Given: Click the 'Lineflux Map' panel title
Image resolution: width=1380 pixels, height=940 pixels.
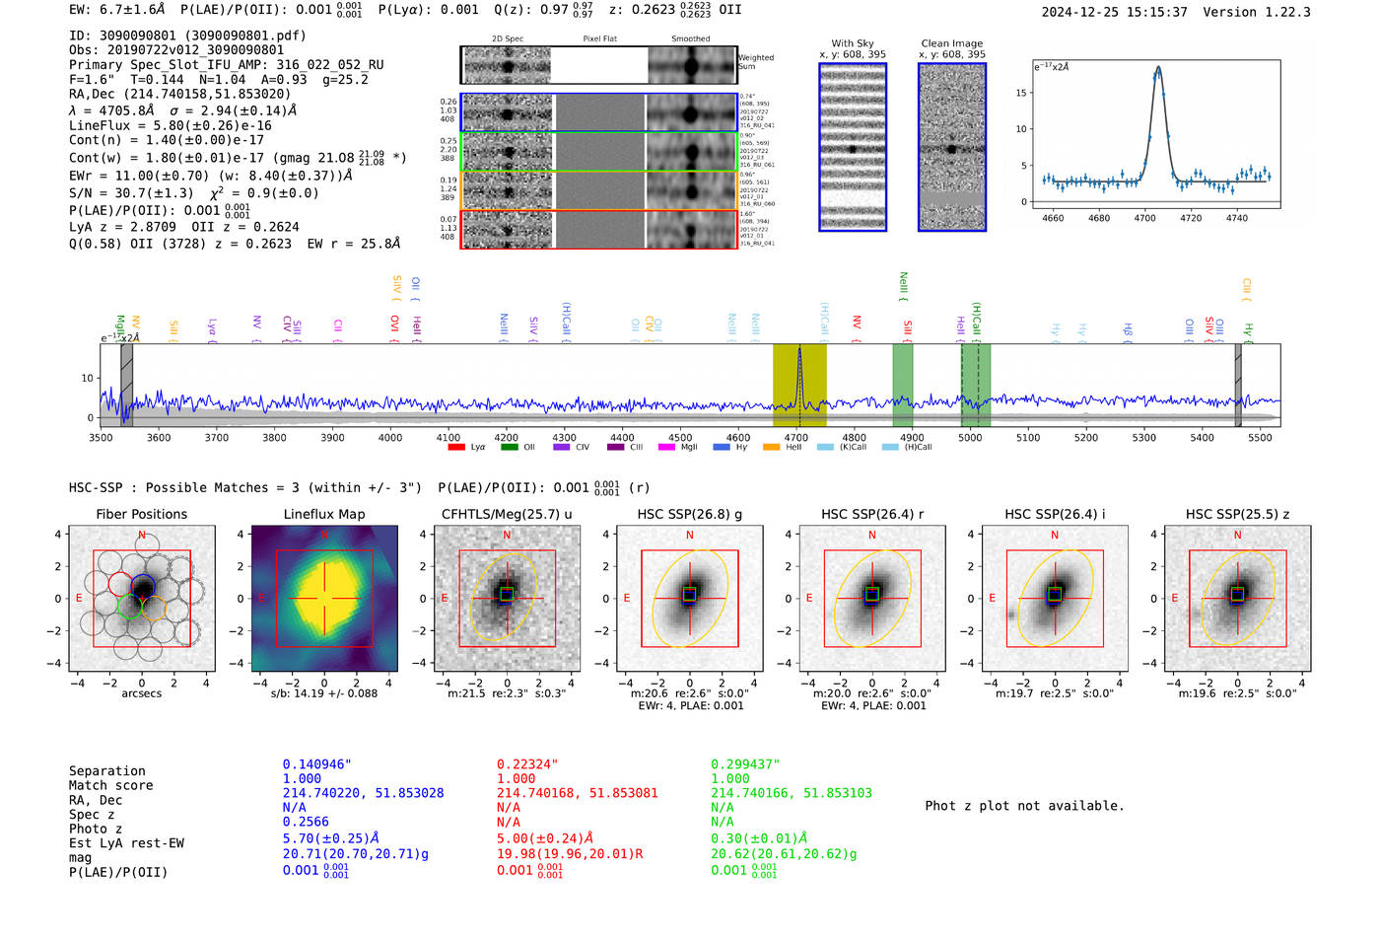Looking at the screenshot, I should (x=323, y=514).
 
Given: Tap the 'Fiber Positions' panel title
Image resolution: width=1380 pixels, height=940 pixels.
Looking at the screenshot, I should (x=141, y=514).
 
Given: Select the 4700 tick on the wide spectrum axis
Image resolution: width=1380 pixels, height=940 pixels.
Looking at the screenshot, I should (x=795, y=437).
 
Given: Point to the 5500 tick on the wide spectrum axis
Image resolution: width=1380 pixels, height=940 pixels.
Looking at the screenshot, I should (x=1260, y=437).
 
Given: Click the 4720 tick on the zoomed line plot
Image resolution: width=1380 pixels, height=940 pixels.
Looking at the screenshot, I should (x=1191, y=218).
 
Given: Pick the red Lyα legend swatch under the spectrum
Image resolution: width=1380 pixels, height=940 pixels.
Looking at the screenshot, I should (x=456, y=447).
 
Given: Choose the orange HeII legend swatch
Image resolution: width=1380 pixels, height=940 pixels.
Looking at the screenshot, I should (x=771, y=447).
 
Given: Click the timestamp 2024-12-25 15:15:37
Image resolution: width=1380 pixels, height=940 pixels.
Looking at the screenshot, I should (x=1114, y=12).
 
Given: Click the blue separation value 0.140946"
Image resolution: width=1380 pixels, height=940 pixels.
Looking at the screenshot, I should (x=316, y=764).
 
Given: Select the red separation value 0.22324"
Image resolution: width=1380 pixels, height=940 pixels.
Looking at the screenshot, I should (x=526, y=764).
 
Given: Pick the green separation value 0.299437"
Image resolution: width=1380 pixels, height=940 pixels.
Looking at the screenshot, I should (x=744, y=764).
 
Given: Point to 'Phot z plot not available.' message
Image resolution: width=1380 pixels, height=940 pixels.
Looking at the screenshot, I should (x=1024, y=806).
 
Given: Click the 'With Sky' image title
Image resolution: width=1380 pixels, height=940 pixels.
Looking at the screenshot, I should (x=852, y=43).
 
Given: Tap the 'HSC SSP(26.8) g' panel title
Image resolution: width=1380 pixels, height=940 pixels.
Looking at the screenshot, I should (x=689, y=514).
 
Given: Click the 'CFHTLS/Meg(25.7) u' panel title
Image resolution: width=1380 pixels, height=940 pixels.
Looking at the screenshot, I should (x=507, y=514).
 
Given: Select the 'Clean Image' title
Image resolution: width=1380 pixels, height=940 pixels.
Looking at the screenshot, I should (x=951, y=43).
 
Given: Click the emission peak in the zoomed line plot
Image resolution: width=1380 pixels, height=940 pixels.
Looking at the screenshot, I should (x=1158, y=68).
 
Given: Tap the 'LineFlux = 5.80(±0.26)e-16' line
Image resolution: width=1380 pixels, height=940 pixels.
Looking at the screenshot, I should (x=170, y=125).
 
